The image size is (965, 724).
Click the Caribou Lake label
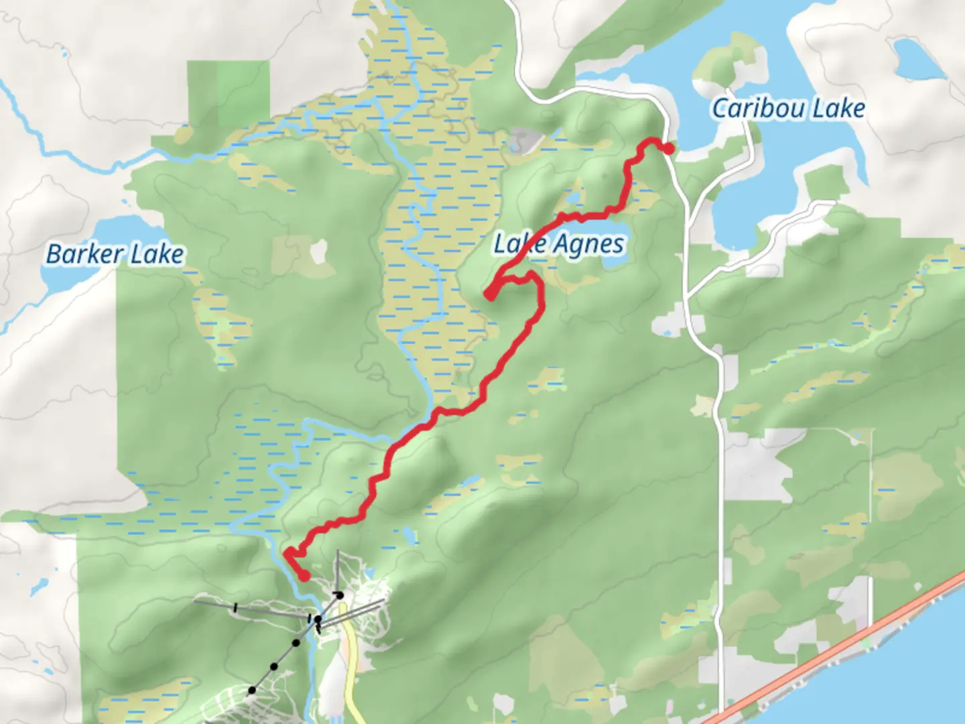(x=788, y=109)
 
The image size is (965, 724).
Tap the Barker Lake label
(x=115, y=254)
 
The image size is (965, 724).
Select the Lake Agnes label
(x=559, y=245)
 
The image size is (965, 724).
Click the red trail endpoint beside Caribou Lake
(x=668, y=148)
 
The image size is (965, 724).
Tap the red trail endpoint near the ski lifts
(x=304, y=575)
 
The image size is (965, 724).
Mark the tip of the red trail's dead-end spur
(x=490, y=295)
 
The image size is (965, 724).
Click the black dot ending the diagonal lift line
(x=252, y=690)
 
